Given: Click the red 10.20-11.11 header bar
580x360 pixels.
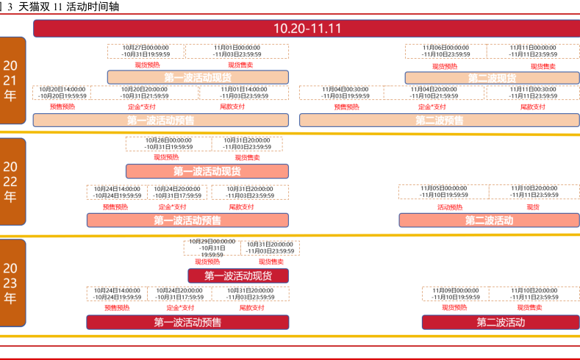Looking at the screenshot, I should click(x=307, y=29).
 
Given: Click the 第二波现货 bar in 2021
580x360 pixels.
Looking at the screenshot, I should click(x=492, y=78).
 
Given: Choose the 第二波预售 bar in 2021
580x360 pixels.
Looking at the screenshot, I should click(x=439, y=120).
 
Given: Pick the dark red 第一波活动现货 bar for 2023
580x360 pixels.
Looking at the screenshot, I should click(x=237, y=276).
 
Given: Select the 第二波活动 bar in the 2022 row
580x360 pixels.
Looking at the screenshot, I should click(x=489, y=220).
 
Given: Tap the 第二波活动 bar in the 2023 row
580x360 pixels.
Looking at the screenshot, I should click(x=500, y=322).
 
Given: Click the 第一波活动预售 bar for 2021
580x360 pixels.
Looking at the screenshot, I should click(x=160, y=120).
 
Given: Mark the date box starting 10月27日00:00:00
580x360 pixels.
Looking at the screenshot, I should click(x=146, y=51).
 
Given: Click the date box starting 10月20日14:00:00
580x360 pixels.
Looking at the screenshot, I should click(x=62, y=93).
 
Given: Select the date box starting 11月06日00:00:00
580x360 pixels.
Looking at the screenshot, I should click(x=445, y=51).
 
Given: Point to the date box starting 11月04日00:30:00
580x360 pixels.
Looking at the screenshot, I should click(x=345, y=93).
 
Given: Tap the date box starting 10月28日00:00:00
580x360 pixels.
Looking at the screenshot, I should click(x=168, y=143).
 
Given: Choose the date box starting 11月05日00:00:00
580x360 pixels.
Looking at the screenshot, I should click(x=444, y=192).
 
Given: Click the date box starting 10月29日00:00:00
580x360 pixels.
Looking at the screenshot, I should click(x=212, y=248).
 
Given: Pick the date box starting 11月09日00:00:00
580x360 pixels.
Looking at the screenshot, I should click(x=455, y=293).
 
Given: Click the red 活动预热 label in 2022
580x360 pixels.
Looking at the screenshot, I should click(x=450, y=207).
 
